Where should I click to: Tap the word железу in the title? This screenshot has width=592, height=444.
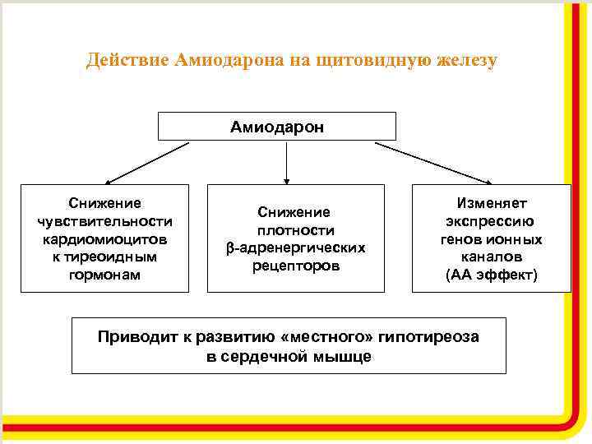[x=465, y=61]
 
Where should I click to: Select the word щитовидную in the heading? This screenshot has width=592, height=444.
[x=377, y=61]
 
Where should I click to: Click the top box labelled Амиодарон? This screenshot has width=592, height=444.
[x=276, y=127]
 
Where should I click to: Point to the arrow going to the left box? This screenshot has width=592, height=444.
[x=148, y=162]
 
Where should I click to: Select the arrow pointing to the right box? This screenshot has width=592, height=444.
[x=434, y=161]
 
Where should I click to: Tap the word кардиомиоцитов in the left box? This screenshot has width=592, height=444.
[x=104, y=238]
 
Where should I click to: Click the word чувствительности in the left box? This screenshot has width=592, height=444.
[x=104, y=220]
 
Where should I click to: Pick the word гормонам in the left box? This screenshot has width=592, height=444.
[x=104, y=275]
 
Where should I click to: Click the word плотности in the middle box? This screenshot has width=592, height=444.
[x=295, y=230]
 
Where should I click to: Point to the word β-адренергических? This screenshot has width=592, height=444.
[x=295, y=247]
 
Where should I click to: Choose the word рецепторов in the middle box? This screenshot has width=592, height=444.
[x=295, y=266]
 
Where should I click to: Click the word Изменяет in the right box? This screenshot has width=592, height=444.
[x=492, y=203]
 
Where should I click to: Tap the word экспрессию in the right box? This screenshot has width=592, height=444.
[x=492, y=221]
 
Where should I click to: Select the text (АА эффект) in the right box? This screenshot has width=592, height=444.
[x=492, y=275]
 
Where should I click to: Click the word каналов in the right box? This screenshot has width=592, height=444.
[x=492, y=257]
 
